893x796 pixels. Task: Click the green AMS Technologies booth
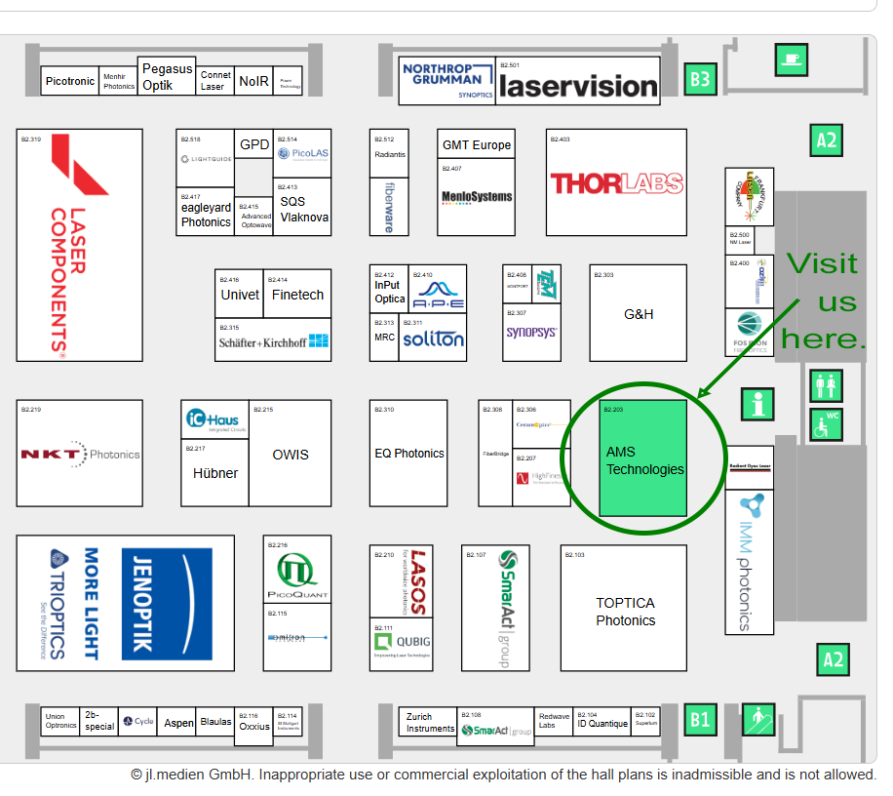click(x=643, y=458)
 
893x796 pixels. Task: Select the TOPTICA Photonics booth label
click(x=625, y=612)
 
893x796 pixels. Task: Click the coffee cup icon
click(x=790, y=60)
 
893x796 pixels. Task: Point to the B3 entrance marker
click(x=699, y=79)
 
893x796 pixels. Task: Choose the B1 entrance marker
click(x=699, y=721)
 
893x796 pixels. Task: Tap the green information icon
click(x=757, y=403)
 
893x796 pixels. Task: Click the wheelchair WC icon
click(x=827, y=423)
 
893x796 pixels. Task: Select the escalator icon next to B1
click(x=757, y=720)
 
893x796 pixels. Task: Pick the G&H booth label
click(x=639, y=314)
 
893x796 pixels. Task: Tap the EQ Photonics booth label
click(x=409, y=454)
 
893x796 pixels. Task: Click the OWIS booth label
click(x=291, y=455)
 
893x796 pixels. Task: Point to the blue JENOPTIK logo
click(x=166, y=602)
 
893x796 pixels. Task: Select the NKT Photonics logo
click(x=80, y=455)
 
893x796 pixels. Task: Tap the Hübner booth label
click(x=215, y=473)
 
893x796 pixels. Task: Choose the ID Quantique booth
click(x=602, y=724)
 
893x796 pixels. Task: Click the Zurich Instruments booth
click(x=430, y=723)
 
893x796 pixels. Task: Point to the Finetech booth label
click(x=297, y=295)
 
